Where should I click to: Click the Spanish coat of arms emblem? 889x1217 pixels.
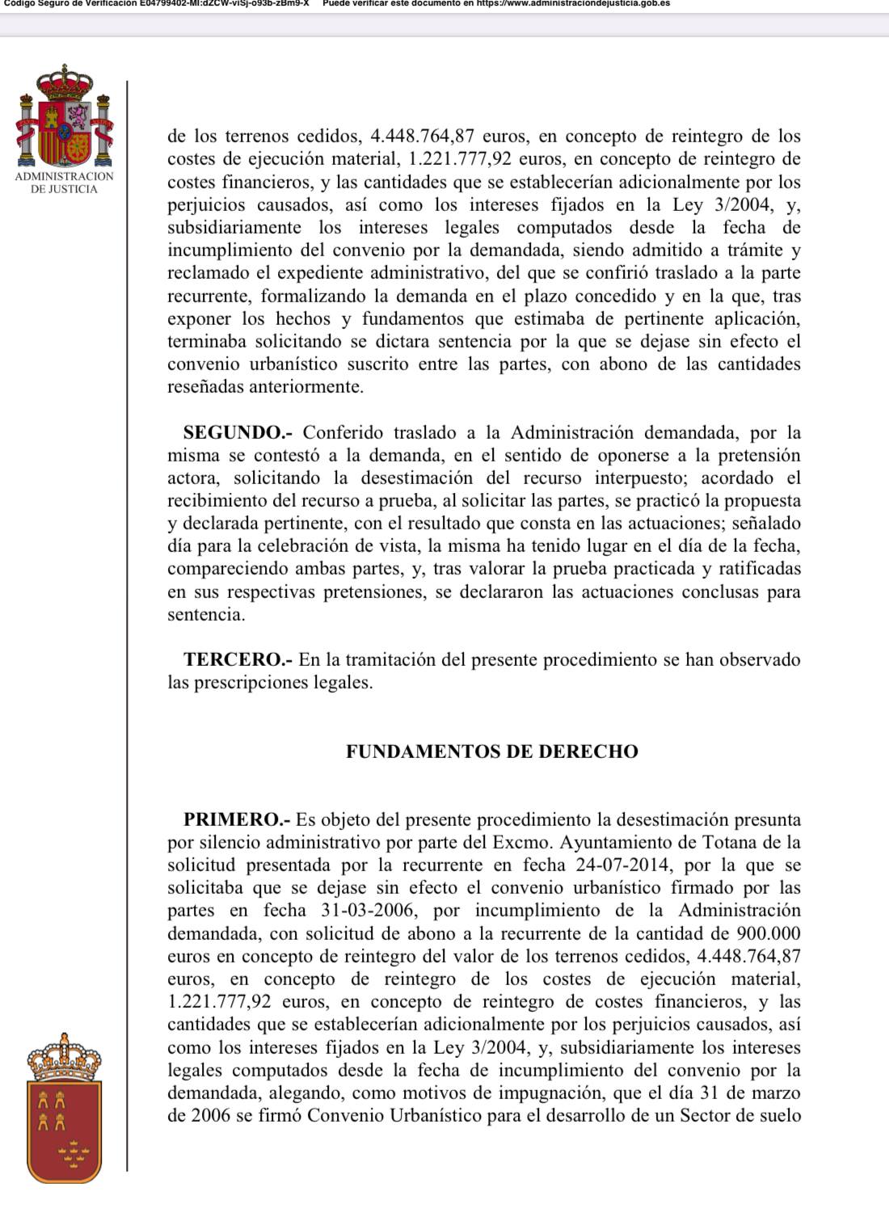coord(65,118)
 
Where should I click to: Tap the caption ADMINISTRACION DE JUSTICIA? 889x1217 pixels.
coord(65,183)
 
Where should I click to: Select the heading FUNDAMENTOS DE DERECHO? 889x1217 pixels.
coord(492,752)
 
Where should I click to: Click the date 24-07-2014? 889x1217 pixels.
coord(622,865)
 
